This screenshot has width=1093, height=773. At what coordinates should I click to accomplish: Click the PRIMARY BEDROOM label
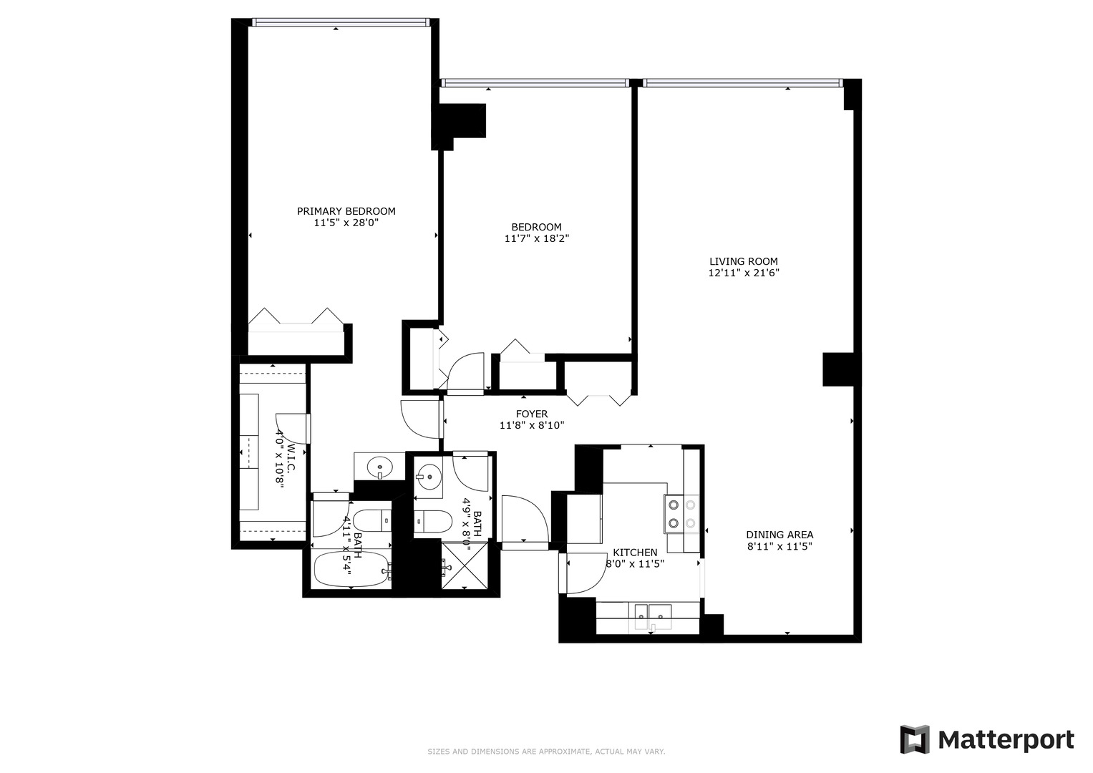click(x=346, y=211)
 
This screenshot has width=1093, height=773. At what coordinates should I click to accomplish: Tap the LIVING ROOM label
click(x=743, y=261)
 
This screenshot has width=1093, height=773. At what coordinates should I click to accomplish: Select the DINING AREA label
click(x=779, y=535)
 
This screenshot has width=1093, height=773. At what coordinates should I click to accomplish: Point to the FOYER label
click(x=532, y=414)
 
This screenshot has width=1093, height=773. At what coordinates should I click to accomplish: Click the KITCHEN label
click(x=635, y=553)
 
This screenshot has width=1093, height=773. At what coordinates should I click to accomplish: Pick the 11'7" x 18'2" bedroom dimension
click(x=537, y=238)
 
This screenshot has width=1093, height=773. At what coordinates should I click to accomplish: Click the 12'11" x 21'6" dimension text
click(x=743, y=273)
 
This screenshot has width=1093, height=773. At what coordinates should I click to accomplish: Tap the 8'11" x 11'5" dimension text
click(x=779, y=546)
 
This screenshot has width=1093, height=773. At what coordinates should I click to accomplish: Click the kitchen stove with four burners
click(x=681, y=514)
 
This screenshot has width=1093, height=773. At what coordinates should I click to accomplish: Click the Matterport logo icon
click(x=914, y=739)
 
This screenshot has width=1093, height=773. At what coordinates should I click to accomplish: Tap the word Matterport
click(x=1006, y=739)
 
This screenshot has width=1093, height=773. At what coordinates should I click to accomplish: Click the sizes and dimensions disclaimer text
click(x=546, y=752)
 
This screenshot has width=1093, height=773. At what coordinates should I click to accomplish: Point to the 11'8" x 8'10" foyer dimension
click(x=532, y=425)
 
